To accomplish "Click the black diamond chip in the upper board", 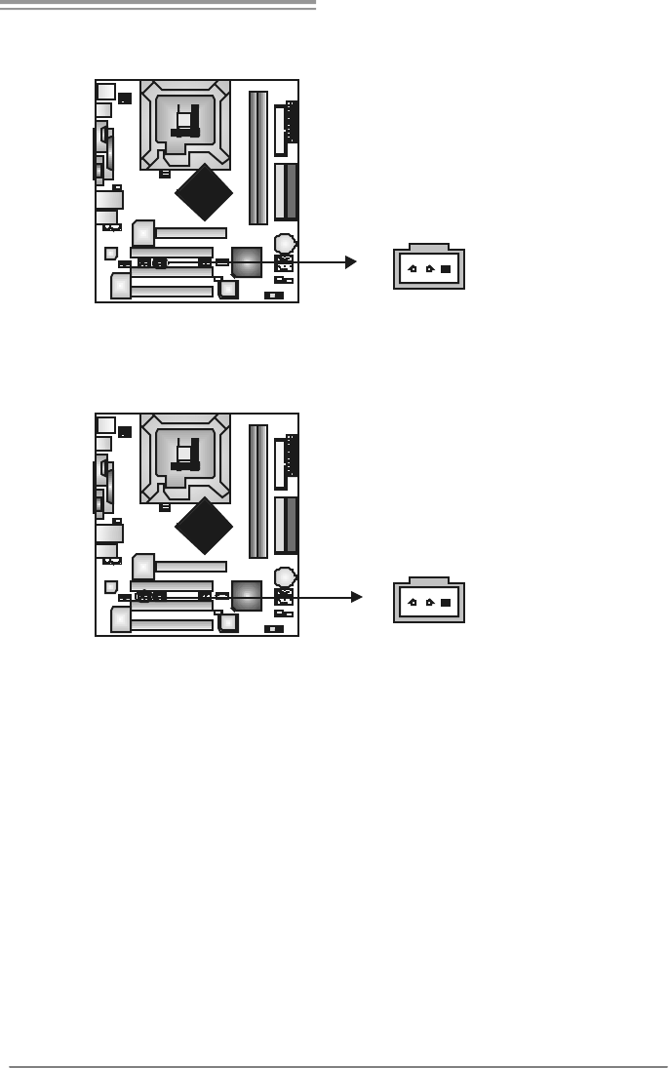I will [205, 193].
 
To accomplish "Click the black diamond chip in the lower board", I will [205, 526].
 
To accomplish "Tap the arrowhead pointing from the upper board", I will [351, 262].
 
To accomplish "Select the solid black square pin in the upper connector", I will [446, 269].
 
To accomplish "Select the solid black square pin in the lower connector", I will [446, 603].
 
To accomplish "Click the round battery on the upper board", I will [285, 243].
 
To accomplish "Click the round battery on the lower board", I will [285, 576].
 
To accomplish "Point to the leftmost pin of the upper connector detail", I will [413, 269].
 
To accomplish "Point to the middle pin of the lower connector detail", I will [429, 603].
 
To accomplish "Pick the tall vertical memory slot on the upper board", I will [257, 157].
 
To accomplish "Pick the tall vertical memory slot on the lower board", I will [257, 491].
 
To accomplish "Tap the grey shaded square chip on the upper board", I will [247, 261].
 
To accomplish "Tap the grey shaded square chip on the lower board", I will [247, 595].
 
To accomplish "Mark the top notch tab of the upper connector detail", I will [429, 248].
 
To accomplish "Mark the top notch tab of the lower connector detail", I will [429, 581].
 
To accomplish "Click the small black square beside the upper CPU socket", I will [125, 98].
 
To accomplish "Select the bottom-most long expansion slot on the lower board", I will [172, 624].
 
